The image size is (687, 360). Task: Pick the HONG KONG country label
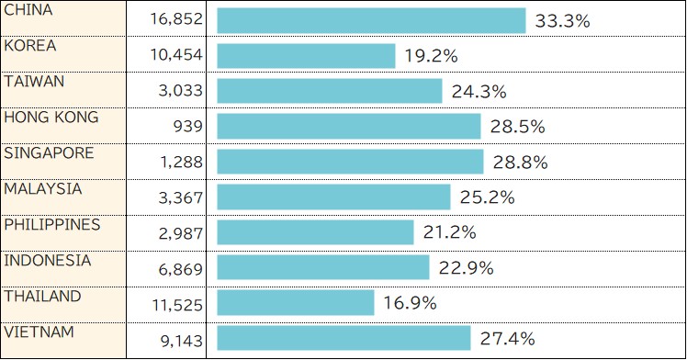click(x=51, y=118)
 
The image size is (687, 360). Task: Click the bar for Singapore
click(x=350, y=162)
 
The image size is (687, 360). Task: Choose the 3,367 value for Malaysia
click(x=180, y=198)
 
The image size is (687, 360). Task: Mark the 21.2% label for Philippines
click(x=449, y=232)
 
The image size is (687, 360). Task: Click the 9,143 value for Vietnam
click(x=180, y=341)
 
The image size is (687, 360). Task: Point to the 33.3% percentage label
click(x=561, y=21)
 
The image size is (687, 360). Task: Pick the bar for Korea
click(x=306, y=56)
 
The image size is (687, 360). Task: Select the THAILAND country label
click(x=42, y=297)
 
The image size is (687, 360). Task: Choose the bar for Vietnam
click(x=343, y=338)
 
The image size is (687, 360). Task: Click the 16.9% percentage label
click(x=410, y=303)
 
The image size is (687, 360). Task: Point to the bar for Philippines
click(x=315, y=232)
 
